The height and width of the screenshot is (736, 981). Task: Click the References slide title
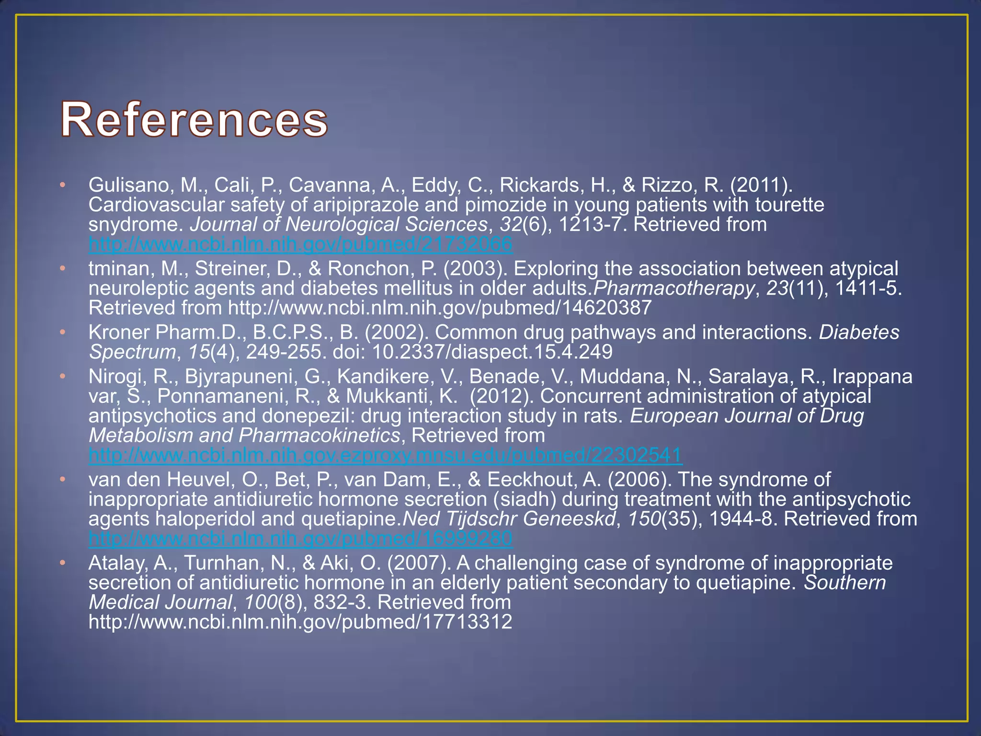tap(194, 119)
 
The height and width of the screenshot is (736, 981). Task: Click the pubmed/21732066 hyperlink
tap(300, 244)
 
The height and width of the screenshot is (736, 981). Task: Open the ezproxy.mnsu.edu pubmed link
tap(386, 455)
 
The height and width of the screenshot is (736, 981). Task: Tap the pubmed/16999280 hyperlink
tap(300, 539)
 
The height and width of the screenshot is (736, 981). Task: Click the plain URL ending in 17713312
tap(300, 622)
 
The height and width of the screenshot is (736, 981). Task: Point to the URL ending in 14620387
tap(439, 308)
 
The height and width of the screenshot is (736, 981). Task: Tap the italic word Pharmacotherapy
tap(673, 288)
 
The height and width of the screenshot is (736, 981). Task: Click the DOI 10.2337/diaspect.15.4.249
tap(492, 352)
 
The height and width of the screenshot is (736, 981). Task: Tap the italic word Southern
tap(844, 583)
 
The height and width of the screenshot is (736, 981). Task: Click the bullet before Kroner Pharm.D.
tap(62, 332)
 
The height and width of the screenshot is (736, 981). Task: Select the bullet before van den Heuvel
tap(62, 479)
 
